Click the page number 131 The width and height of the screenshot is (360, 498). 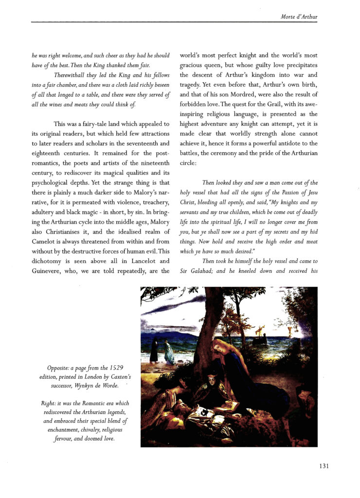click(x=324, y=466)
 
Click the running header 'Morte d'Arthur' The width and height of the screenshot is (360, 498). click(x=299, y=18)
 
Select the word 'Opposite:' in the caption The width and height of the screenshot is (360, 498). click(x=61, y=368)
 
